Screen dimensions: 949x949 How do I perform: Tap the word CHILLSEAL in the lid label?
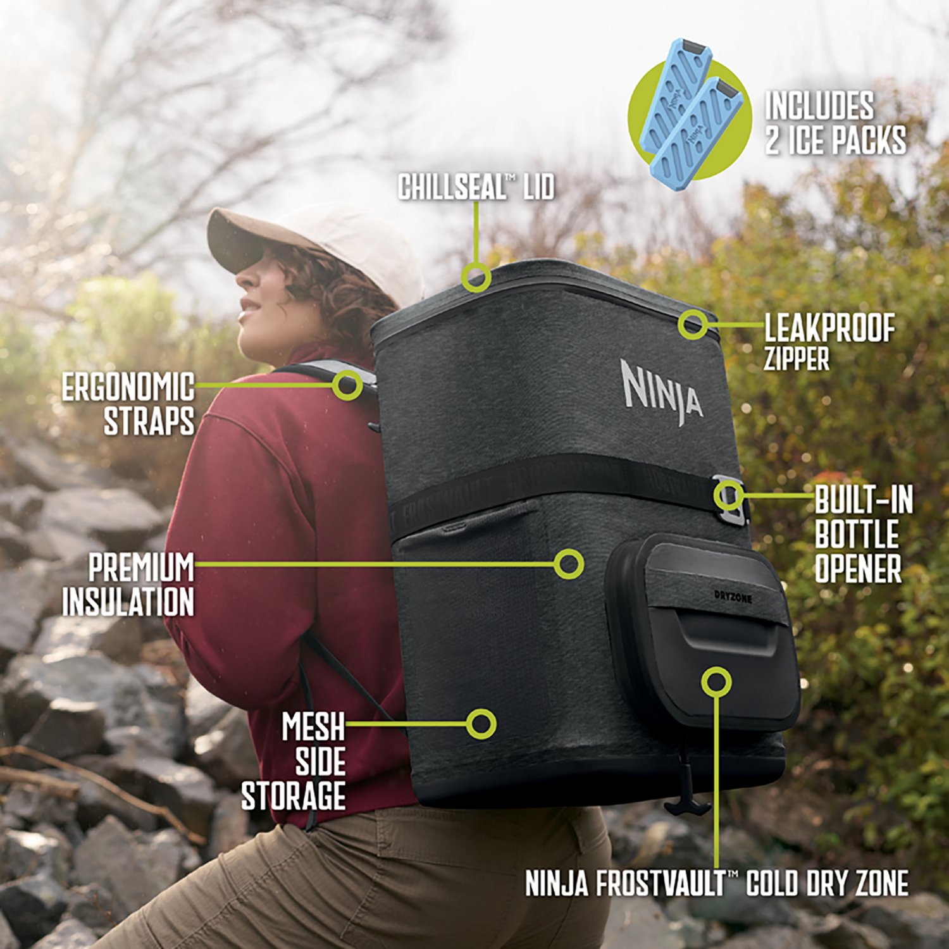(452, 187)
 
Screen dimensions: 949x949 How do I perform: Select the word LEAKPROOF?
(829, 329)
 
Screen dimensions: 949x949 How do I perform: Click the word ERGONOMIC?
(127, 387)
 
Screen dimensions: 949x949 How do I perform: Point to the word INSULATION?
(128, 602)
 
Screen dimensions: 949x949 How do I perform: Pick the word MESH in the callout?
(313, 726)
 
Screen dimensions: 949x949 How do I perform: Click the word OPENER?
(857, 568)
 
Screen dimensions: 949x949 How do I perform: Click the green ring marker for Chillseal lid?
(476, 276)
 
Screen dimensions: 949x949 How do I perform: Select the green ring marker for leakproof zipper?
(693, 324)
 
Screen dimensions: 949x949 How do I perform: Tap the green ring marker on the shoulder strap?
(347, 384)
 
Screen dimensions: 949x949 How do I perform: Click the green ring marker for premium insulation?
(568, 563)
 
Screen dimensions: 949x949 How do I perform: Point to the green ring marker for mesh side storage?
(481, 723)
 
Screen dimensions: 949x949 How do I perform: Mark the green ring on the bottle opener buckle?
(729, 495)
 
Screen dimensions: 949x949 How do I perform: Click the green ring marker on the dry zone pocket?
(716, 681)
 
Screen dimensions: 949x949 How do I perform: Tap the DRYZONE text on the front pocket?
(733, 596)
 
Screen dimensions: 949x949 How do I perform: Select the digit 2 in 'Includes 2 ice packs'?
(772, 140)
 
